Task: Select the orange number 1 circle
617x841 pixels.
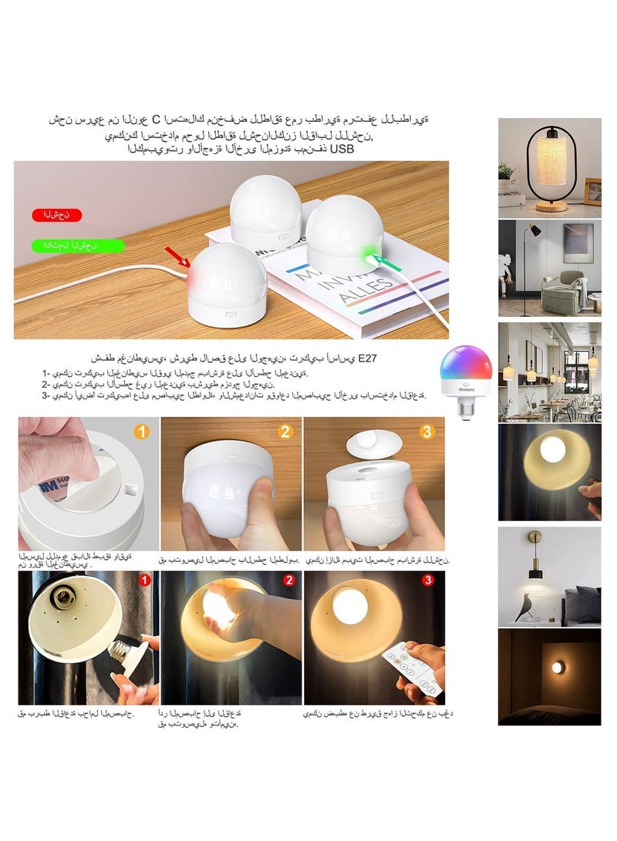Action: tap(141, 432)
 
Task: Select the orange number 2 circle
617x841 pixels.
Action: tap(285, 432)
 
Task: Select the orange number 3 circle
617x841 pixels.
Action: tap(427, 432)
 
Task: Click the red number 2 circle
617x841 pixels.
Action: tap(288, 580)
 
